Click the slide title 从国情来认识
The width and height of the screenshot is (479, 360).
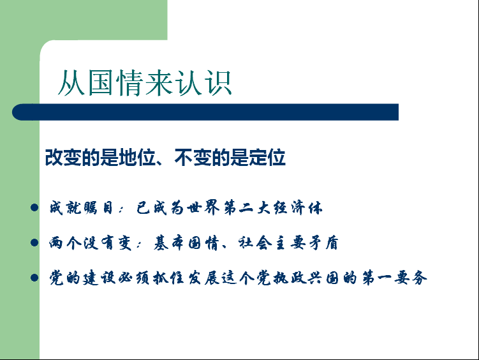pyautogui.click(x=145, y=82)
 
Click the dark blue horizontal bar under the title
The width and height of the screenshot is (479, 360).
pyautogui.click(x=205, y=112)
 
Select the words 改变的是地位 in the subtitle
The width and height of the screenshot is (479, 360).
pyautogui.click(x=101, y=158)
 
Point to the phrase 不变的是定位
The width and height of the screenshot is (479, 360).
pyautogui.click(x=230, y=158)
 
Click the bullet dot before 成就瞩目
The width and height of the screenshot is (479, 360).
pyautogui.click(x=34, y=208)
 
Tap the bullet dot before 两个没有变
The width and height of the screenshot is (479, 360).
pyautogui.click(x=34, y=243)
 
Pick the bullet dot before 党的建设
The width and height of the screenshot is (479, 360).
pyautogui.click(x=34, y=278)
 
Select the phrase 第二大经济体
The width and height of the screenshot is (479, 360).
pyautogui.click(x=273, y=208)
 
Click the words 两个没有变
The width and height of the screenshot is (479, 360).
pyautogui.click(x=90, y=243)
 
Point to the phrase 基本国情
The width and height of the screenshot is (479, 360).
pyautogui.click(x=186, y=243)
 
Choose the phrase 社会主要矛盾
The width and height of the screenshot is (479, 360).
pyautogui.click(x=288, y=243)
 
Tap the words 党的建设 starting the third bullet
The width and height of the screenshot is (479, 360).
pyautogui.click(x=82, y=278)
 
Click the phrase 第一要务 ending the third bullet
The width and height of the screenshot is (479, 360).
pyautogui.click(x=394, y=278)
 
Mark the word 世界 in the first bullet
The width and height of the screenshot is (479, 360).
pyautogui.click(x=203, y=208)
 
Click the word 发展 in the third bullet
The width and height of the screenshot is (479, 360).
pyautogui.click(x=203, y=278)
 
